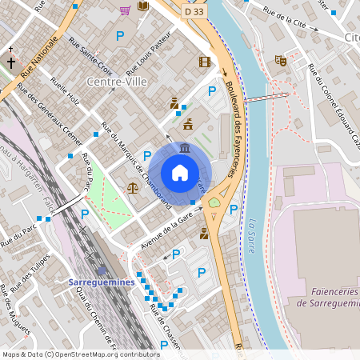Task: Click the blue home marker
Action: pos(180,173)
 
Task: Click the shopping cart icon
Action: pos(125,10)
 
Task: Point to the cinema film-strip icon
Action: pos(205,62)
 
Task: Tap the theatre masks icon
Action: pos(280,60)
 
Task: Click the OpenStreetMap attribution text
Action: pos(81,354)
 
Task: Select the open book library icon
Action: pos(142,6)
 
